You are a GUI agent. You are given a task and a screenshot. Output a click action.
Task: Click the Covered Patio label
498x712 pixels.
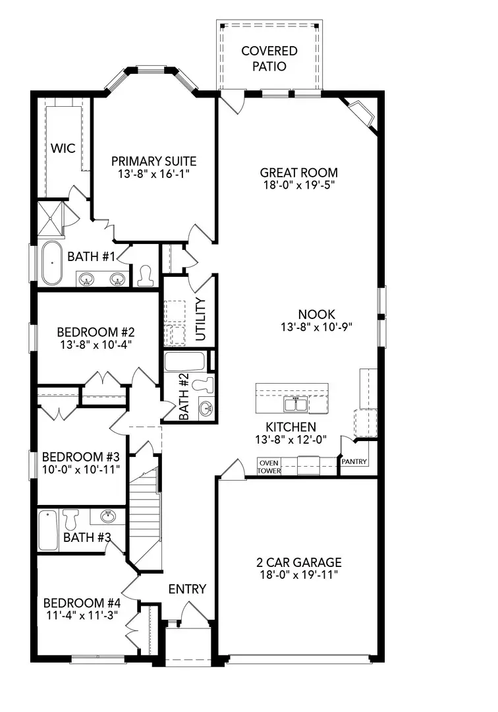tap(269, 58)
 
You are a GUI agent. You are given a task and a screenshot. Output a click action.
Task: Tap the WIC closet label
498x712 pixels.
tap(63, 148)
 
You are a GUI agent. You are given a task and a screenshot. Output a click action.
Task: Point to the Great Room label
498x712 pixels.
tap(298, 173)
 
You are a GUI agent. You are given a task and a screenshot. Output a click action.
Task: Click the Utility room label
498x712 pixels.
tap(201, 320)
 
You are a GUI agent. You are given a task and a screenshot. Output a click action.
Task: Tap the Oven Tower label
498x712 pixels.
tap(269, 467)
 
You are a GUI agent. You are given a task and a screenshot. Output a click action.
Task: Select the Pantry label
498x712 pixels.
tap(354, 462)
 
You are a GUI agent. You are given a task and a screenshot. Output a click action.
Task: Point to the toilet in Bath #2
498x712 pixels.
tap(207, 384)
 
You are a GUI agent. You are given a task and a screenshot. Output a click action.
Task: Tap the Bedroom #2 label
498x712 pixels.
tap(96, 332)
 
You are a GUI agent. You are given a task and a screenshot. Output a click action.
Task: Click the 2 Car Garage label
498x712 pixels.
tap(298, 562)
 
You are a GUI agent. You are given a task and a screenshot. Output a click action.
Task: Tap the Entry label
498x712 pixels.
tap(187, 589)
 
